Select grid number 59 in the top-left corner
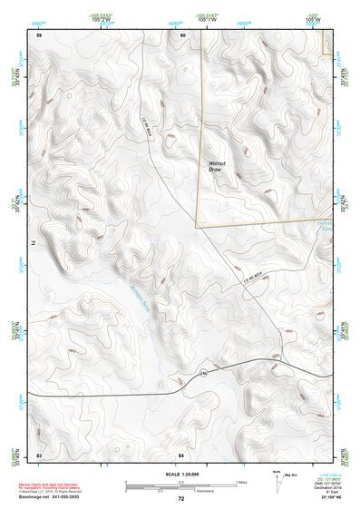click(38, 34)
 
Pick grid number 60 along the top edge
click(182, 34)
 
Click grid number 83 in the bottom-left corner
click(38, 452)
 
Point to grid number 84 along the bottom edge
click(181, 452)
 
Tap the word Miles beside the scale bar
click(241, 481)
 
